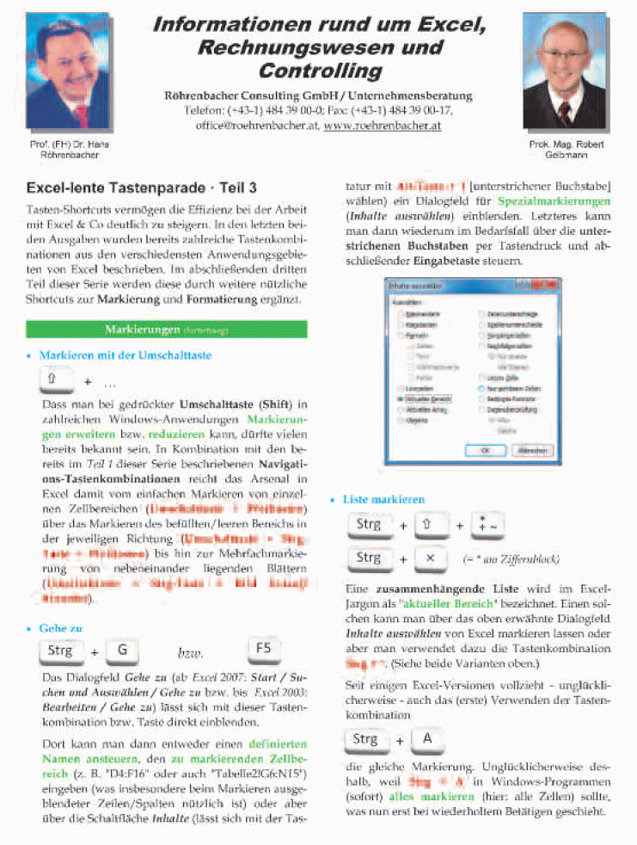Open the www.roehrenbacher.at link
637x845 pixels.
[382, 125]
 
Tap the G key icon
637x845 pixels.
[122, 651]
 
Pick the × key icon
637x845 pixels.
[432, 558]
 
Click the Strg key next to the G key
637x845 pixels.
[62, 651]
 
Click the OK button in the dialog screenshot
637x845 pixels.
[486, 449]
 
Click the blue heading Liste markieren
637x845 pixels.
[383, 499]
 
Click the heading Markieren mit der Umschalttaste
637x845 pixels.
[125, 355]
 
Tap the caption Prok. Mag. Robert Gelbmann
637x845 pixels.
[559, 150]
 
